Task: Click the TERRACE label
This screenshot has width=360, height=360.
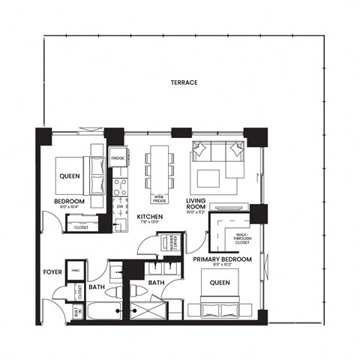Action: pos(184,82)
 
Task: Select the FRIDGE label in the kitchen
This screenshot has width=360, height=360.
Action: pos(118,159)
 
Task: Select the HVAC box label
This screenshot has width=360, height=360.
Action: pos(76,271)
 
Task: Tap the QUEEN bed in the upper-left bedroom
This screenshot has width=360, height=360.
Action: pos(69,177)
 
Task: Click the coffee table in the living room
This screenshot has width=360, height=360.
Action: pos(208,178)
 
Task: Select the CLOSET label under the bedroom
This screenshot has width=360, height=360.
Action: pos(81,226)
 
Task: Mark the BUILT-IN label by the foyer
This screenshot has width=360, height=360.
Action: pos(77,313)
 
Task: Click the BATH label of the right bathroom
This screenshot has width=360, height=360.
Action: pos(156,283)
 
